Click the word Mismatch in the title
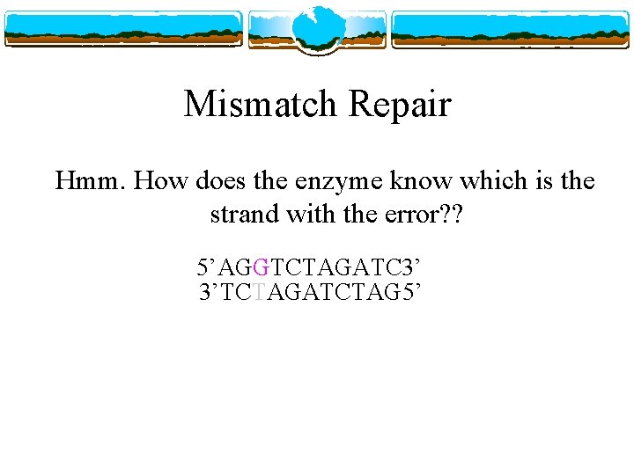coord(261,105)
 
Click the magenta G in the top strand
coord(260,265)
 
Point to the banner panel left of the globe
coord(123,29)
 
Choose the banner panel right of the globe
coord(511,29)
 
